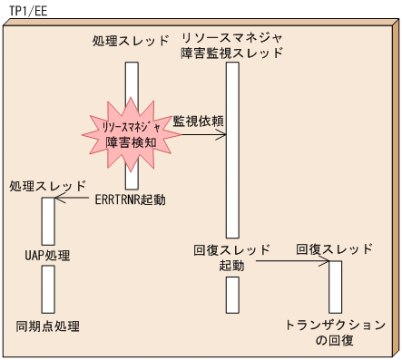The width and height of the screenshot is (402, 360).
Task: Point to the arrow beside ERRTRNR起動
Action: point(73,200)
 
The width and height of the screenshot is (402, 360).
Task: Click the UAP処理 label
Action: point(48,256)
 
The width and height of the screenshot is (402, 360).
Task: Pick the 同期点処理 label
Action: point(48,325)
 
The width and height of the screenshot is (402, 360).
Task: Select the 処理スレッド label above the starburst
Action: point(131,42)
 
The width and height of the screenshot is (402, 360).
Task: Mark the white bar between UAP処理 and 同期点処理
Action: point(48,289)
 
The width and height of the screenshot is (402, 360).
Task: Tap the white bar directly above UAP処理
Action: point(48,220)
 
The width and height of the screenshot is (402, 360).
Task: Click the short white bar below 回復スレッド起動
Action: point(232,294)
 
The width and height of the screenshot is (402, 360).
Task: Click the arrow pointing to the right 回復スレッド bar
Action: point(291,263)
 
